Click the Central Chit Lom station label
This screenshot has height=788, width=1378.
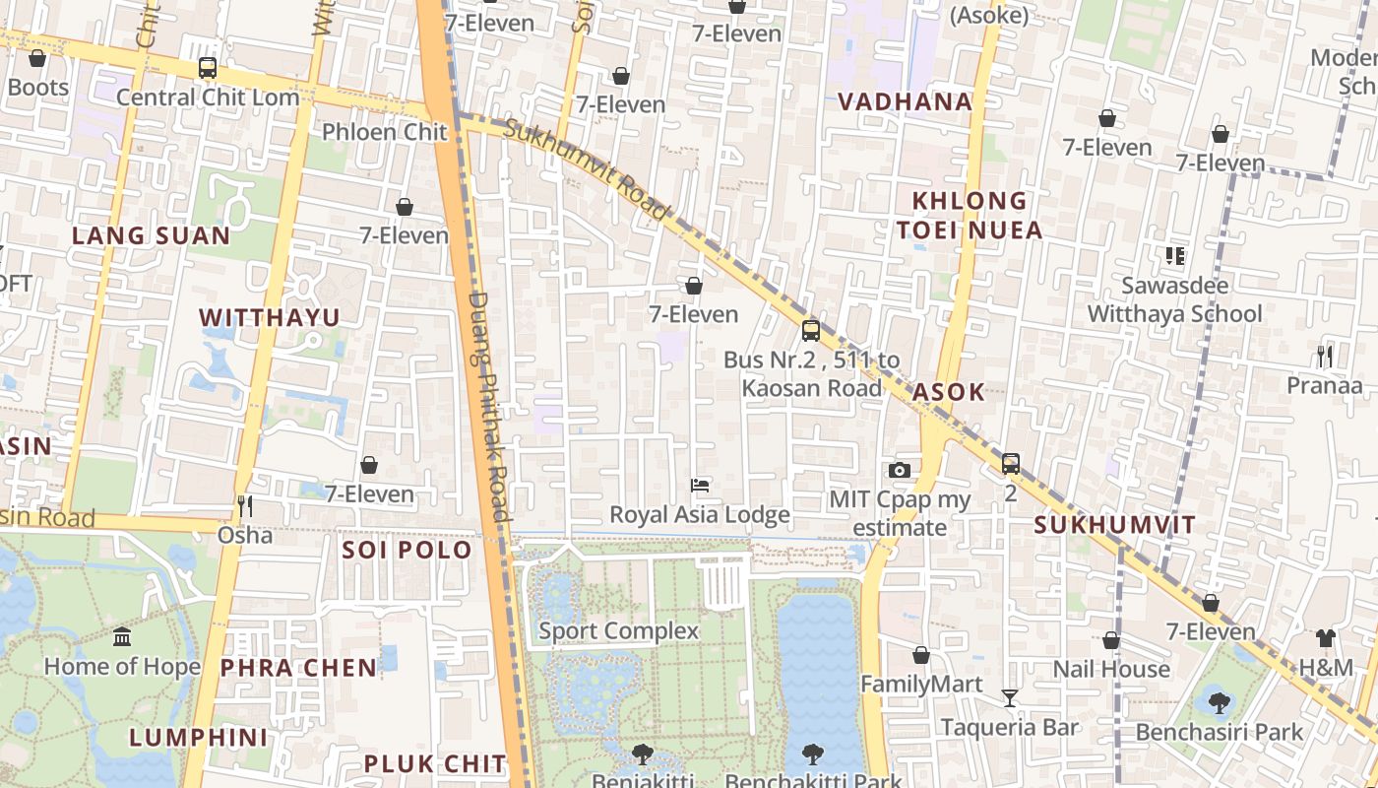[208, 98]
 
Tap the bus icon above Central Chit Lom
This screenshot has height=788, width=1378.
[208, 68]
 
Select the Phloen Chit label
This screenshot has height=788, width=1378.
[385, 132]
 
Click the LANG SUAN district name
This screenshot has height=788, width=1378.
[151, 235]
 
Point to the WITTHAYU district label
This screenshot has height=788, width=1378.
[269, 317]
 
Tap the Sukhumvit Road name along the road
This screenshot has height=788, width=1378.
[588, 168]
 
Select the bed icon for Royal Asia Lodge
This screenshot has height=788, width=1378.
[700, 486]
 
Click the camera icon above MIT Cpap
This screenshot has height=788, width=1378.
[899, 470]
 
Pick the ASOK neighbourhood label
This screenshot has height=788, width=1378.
[948, 391]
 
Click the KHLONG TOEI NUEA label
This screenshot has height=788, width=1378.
[969, 215]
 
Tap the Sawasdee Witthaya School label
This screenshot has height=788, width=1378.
[1174, 299]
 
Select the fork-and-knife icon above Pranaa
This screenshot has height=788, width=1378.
[1325, 356]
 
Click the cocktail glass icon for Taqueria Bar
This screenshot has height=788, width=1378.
[1010, 698]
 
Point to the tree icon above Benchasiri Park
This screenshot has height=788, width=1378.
[1219, 703]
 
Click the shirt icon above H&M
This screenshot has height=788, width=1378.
[1326, 638]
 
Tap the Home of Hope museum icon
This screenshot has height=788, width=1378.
[122, 637]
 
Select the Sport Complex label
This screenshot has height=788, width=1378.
[618, 630]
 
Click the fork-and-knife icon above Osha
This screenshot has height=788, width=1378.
[245, 506]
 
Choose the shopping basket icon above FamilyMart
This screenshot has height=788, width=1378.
[921, 655]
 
